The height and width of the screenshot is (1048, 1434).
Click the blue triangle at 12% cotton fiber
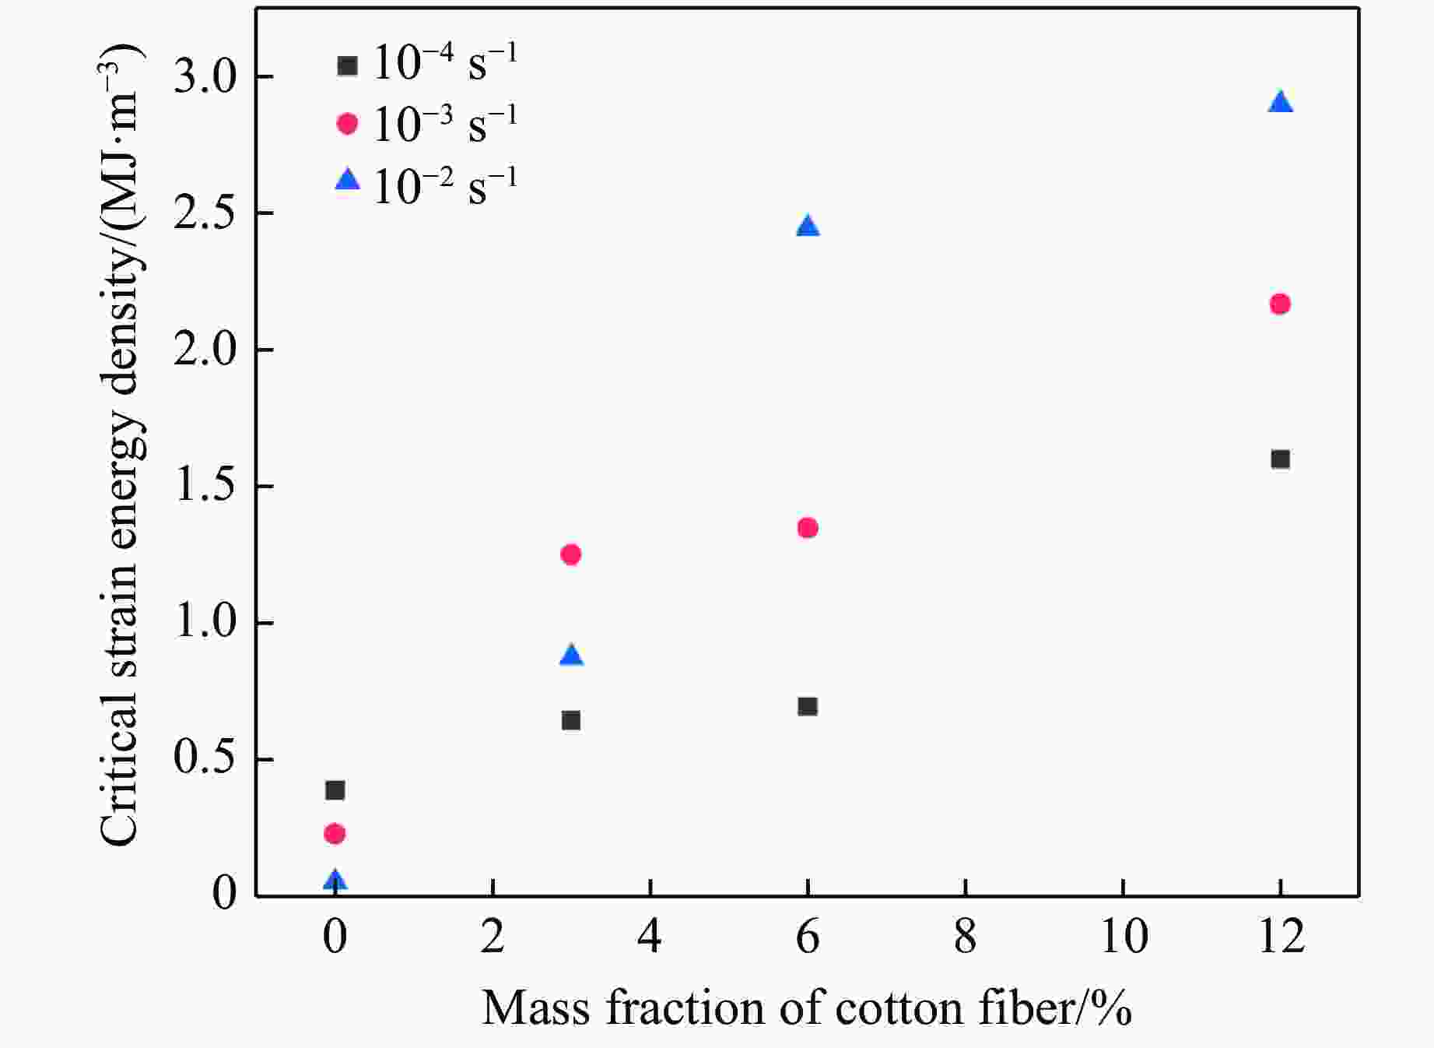[x=1280, y=103]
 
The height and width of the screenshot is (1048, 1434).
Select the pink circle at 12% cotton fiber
[x=1280, y=304]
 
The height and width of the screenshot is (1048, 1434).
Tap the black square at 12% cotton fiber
[x=1280, y=459]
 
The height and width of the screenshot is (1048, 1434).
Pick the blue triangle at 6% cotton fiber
[x=808, y=227]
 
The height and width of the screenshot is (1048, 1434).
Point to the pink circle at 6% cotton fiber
[x=808, y=528]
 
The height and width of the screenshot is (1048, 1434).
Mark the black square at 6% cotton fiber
[x=808, y=706]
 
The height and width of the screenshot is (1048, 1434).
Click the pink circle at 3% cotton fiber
[x=570, y=554]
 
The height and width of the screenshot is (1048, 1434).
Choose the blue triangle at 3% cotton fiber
[x=571, y=656]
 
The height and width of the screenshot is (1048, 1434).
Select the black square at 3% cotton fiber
[x=570, y=720]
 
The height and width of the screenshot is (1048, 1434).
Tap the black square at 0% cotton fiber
[x=335, y=790]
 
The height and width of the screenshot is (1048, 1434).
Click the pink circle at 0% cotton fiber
[x=335, y=834]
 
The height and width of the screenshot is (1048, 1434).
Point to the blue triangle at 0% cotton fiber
[x=335, y=881]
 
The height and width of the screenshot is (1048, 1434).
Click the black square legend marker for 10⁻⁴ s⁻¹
[x=347, y=65]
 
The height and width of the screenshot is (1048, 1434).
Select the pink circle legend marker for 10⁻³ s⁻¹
[x=347, y=123]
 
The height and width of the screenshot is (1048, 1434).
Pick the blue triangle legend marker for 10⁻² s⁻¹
[x=347, y=181]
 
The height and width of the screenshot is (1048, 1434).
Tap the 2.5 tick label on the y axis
[x=205, y=213]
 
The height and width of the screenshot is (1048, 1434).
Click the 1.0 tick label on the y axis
[x=205, y=623]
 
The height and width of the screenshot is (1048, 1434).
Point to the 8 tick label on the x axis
[x=965, y=937]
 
